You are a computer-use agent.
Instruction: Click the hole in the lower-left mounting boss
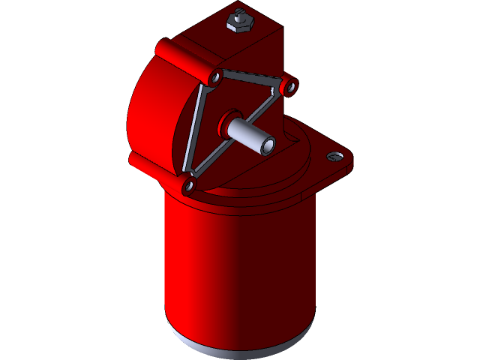(189, 183)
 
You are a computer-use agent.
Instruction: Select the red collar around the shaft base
(226, 120)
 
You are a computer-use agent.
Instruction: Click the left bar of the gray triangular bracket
(199, 131)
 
